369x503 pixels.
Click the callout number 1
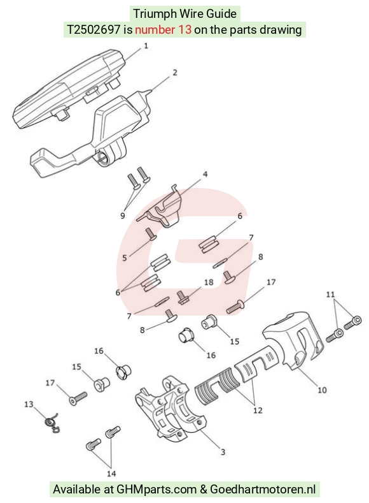146,46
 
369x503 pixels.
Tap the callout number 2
175,73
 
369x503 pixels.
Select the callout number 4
205,174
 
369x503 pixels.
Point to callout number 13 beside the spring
29,404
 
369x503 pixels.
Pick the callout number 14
111,474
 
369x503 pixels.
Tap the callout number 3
223,452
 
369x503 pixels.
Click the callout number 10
322,390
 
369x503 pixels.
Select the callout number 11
330,294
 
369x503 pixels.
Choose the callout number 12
258,411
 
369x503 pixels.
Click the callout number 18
209,282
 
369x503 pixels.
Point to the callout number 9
123,215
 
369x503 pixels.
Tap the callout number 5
125,258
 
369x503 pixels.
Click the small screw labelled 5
150,233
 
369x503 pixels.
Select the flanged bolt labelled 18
182,297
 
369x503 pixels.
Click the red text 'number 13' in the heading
164,30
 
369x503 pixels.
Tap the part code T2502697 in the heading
94,30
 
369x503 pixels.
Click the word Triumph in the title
155,14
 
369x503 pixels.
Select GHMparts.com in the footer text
157,490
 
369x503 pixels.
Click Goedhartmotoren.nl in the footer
263,490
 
